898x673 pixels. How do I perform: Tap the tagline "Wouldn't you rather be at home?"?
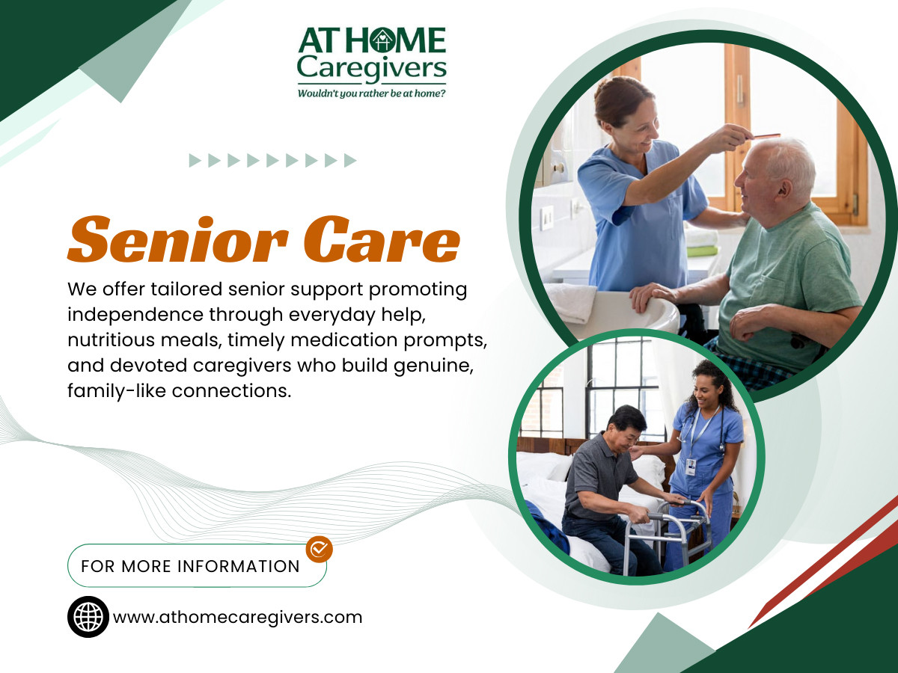[371, 93]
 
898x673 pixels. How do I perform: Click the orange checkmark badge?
[320, 549]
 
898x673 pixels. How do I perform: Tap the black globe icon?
[88, 617]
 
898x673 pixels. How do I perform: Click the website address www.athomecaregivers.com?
[237, 618]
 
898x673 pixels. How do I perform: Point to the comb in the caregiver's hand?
[765, 136]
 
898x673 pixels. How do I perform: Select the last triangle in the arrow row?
[350, 161]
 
